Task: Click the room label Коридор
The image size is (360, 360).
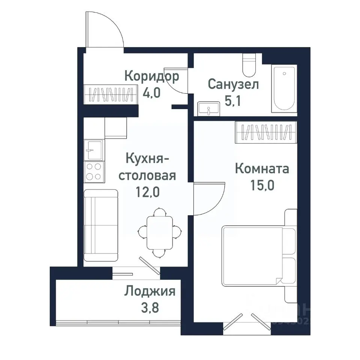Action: [151, 77]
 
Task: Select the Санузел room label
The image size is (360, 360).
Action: [233, 84]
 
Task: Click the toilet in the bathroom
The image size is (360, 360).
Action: [249, 64]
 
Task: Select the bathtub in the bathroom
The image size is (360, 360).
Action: [284, 88]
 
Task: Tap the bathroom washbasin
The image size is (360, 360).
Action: [208, 108]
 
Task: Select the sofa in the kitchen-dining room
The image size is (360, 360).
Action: [100, 225]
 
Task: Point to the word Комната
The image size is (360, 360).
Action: [262, 169]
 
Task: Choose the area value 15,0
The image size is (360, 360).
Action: [262, 185]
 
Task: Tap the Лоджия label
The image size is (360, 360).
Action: [150, 291]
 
